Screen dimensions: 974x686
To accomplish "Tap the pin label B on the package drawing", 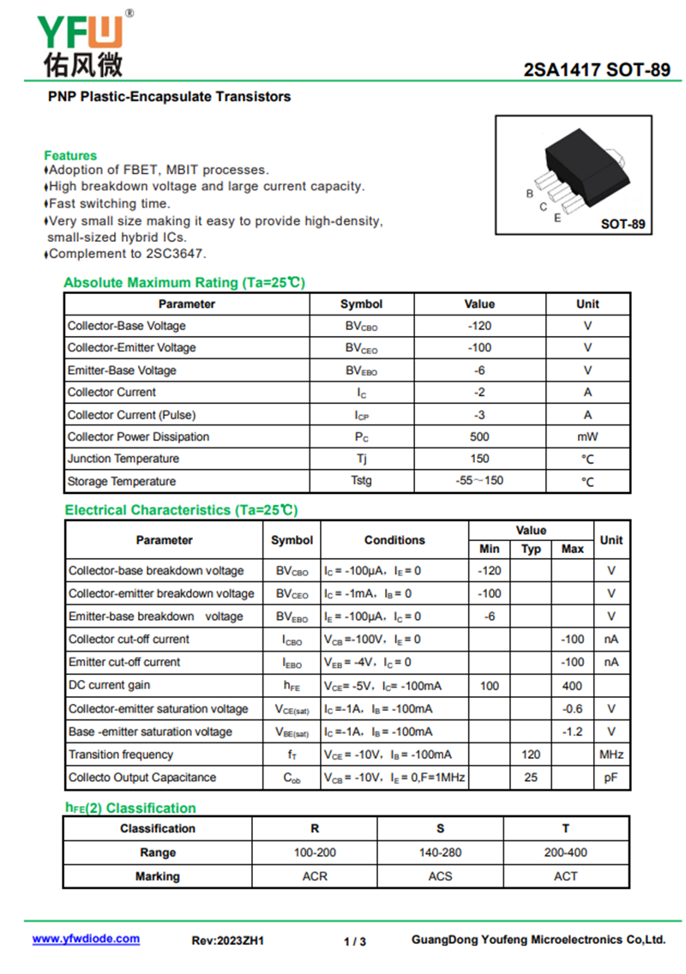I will point(530,194).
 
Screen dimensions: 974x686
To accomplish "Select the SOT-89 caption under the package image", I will point(623,225).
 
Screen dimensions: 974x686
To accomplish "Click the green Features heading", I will point(70,155).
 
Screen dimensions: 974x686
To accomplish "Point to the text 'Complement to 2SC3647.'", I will point(127,254).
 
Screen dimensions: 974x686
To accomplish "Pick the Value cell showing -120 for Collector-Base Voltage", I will point(479,326).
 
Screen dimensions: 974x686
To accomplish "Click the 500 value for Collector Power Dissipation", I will point(479,436).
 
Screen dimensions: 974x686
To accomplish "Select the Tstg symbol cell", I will point(361,481).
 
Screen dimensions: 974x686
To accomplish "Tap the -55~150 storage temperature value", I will point(479,481).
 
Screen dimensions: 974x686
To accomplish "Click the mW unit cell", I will point(587,436).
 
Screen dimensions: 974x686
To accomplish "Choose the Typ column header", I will point(532,549).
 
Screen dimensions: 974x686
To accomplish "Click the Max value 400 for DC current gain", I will point(572,686).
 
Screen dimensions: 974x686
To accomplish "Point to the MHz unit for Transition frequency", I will point(611,755).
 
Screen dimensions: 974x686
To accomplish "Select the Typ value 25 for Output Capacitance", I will point(532,778).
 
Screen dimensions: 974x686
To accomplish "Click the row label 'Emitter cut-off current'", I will point(124,662).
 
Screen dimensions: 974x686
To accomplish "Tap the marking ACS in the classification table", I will point(441,876).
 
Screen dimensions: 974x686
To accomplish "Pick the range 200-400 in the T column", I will point(566,852).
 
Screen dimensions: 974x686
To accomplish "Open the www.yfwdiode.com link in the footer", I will point(86,939).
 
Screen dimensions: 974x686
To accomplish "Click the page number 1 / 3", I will point(355,941).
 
